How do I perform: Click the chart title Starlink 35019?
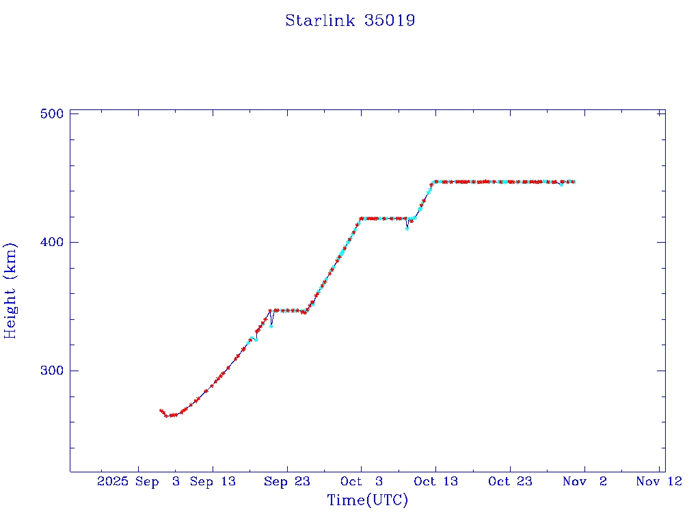[350, 21]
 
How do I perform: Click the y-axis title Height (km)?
[10, 291]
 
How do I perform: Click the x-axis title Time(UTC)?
[368, 500]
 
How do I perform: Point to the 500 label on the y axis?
[52, 113]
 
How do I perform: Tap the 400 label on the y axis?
[52, 242]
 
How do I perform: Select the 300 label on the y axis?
[52, 371]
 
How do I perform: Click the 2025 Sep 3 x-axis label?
[139, 481]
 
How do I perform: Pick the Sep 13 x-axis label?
[213, 481]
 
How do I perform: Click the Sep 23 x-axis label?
[287, 481]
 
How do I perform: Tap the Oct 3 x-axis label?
[362, 481]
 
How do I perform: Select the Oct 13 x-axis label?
[435, 481]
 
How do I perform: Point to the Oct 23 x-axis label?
[510, 481]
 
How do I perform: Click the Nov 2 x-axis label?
[585, 481]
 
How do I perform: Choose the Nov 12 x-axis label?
[659, 481]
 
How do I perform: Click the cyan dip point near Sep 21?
[271, 325]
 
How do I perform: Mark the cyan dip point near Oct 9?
[407, 228]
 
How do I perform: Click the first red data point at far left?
[161, 410]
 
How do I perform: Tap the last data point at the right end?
[574, 182]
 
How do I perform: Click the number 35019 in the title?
[391, 21]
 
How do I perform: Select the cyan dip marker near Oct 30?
[561, 185]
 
